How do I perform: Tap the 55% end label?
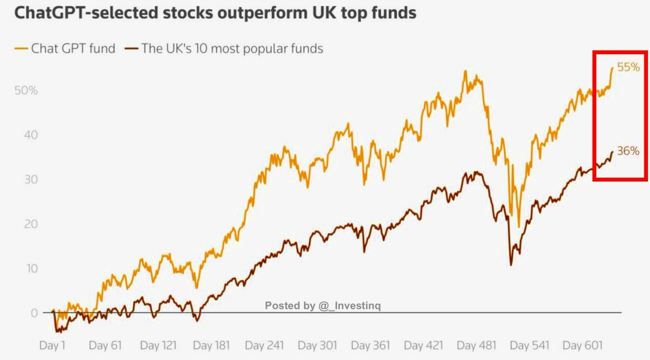click(x=628, y=68)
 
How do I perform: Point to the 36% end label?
click(x=628, y=152)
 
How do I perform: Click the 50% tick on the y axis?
click(x=26, y=90)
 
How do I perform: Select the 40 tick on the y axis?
click(x=30, y=134)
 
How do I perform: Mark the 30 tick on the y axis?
click(x=30, y=179)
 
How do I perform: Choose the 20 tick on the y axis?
click(x=30, y=224)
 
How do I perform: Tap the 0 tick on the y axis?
click(x=34, y=313)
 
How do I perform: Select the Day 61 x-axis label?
click(x=105, y=345)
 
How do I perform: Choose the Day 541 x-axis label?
click(x=529, y=345)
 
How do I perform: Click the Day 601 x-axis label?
click(x=581, y=345)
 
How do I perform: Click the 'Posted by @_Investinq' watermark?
click(x=323, y=306)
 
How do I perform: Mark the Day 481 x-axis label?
click(x=476, y=345)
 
